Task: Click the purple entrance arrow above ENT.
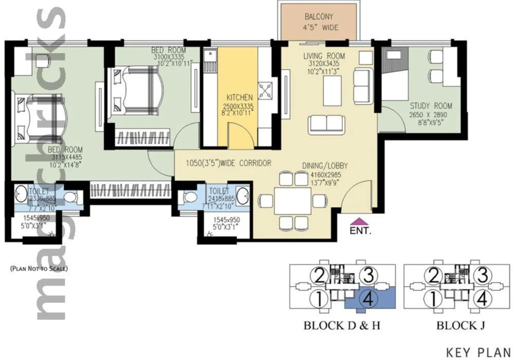tap(357, 221)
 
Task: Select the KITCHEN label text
tap(240, 97)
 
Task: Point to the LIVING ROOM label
tap(323, 56)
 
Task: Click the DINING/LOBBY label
tap(324, 165)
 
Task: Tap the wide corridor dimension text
tap(228, 163)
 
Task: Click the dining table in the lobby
tap(292, 201)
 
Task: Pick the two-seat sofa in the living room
tap(326, 124)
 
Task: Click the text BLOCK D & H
tap(341, 326)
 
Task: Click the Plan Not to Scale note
tap(39, 268)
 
